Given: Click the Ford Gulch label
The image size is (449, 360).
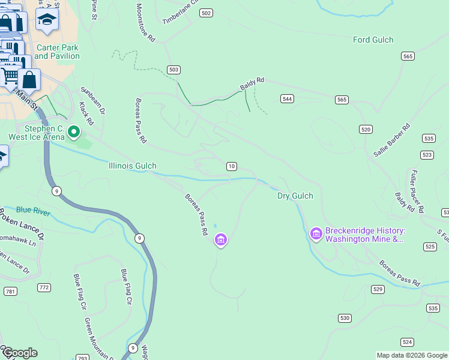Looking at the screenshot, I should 373,40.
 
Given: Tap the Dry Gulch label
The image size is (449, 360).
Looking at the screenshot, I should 295,196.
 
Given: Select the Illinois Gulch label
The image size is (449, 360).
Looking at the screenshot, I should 133,166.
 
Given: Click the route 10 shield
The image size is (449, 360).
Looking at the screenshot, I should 231,166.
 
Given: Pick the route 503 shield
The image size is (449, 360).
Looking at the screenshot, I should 174,70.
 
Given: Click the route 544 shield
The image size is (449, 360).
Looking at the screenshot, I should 287,98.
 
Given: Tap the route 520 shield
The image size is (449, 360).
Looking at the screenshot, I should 366,129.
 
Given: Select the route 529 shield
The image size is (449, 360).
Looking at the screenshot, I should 378,289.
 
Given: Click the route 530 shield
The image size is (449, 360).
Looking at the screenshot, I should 344,317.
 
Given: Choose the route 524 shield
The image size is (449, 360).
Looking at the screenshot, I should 408,342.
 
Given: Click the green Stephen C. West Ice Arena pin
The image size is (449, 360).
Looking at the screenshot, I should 74,131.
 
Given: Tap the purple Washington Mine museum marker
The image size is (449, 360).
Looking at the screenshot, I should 316,233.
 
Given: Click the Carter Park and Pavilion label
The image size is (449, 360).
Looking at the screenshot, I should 57,52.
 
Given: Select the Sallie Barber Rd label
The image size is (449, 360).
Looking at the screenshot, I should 391,140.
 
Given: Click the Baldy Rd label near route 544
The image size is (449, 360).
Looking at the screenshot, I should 252,83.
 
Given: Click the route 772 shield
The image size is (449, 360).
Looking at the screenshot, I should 44,287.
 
